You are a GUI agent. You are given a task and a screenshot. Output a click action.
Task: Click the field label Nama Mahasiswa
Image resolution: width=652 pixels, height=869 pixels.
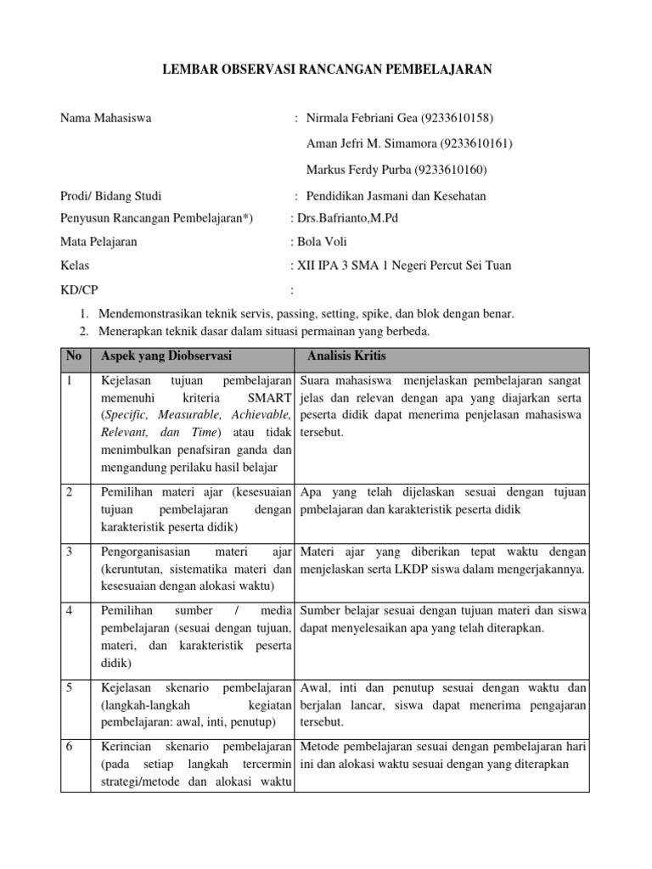point(105,118)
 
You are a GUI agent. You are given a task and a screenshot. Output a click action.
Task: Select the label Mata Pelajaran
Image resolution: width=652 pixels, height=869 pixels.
point(98,242)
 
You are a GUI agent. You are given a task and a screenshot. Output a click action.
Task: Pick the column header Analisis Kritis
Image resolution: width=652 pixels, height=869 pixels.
point(346,356)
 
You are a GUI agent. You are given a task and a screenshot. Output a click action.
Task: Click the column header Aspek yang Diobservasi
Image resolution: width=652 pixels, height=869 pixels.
point(166,356)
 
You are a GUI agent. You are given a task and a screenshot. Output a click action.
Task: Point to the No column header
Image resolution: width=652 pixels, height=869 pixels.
point(74,356)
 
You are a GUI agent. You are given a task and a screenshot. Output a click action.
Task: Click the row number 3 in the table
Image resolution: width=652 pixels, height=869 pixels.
point(69,552)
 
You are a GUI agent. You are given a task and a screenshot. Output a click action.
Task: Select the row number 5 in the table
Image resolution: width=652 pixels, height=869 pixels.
point(69,687)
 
